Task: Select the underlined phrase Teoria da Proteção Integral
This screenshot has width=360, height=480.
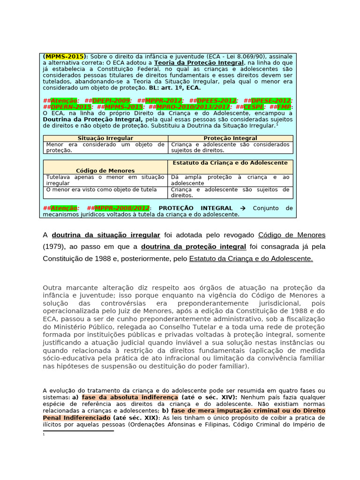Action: coord(199,62)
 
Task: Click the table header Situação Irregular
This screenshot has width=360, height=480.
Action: coord(105,138)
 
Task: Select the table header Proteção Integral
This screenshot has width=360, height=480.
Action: coord(230,138)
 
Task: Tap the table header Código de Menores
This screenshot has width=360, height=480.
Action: coord(105,171)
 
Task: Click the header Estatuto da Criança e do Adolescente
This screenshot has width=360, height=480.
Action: coord(230,163)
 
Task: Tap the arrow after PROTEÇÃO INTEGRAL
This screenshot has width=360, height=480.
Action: coord(242,208)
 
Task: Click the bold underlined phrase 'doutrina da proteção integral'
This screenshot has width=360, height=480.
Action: coord(194,246)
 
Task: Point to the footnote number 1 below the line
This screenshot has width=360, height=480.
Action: coord(44,435)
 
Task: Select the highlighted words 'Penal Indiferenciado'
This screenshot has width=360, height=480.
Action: coord(76,417)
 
